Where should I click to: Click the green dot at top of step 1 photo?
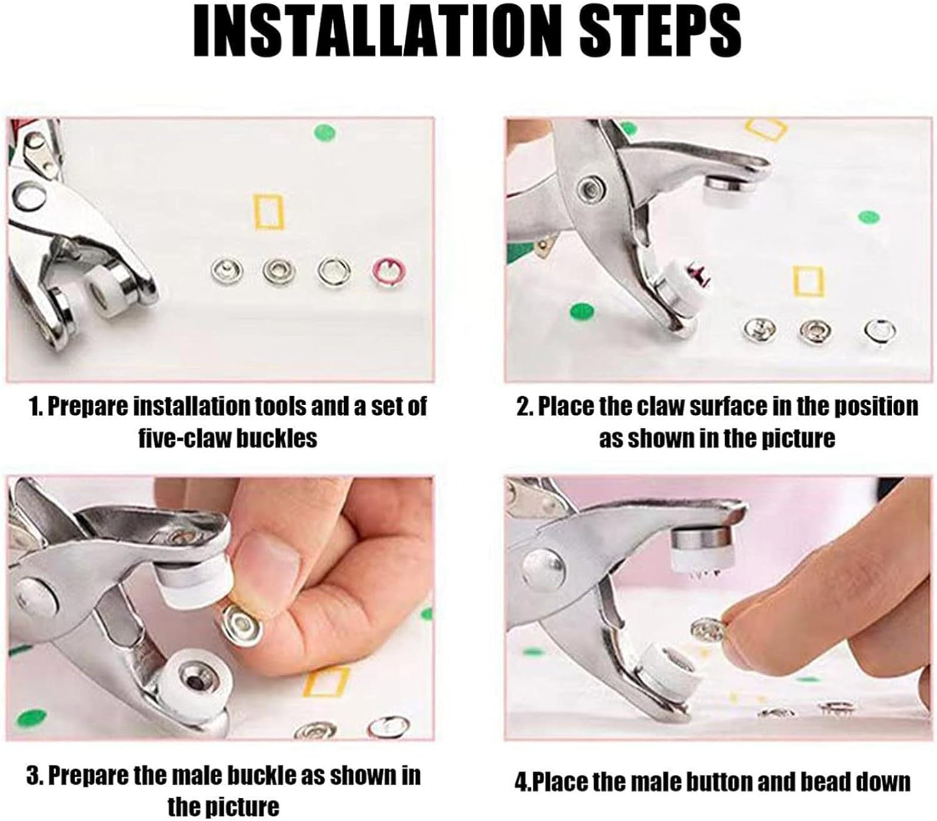coord(324,132)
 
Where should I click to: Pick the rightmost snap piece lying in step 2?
coord(880,330)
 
